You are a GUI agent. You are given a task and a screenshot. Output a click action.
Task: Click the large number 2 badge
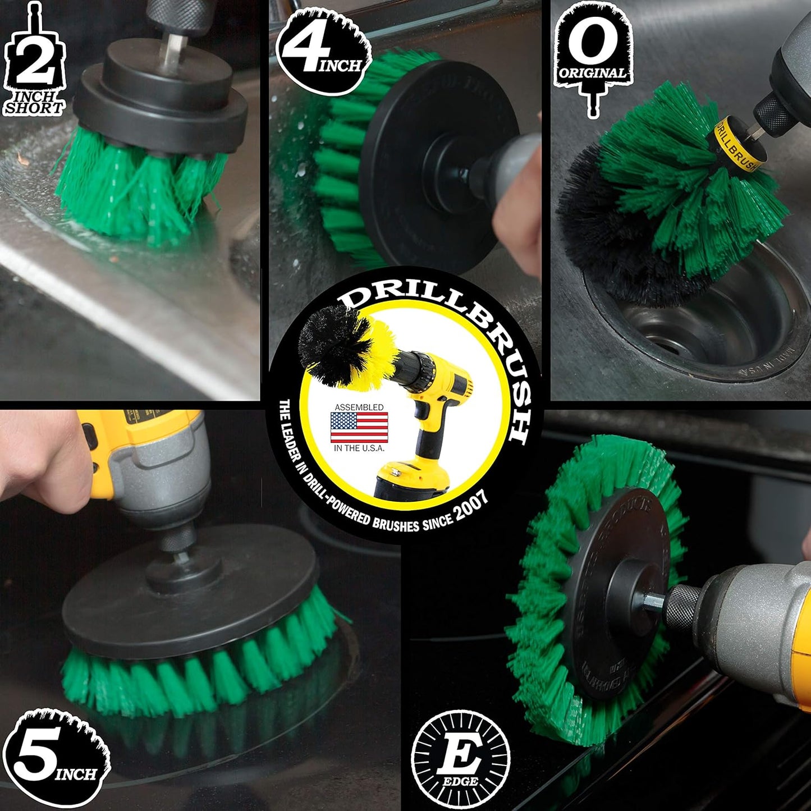[x=34, y=65]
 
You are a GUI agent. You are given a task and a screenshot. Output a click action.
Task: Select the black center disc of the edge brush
[x=617, y=595]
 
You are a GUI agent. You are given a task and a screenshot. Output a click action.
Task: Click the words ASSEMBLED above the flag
[x=359, y=407]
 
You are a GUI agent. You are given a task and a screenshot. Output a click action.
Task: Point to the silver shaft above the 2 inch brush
[x=169, y=48]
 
